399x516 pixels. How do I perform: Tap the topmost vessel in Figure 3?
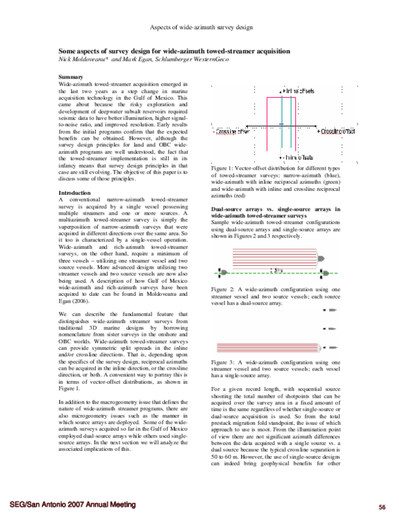[x=329, y=318]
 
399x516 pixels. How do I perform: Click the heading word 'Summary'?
[x=70, y=78]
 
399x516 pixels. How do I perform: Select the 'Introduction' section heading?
[x=75, y=192]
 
